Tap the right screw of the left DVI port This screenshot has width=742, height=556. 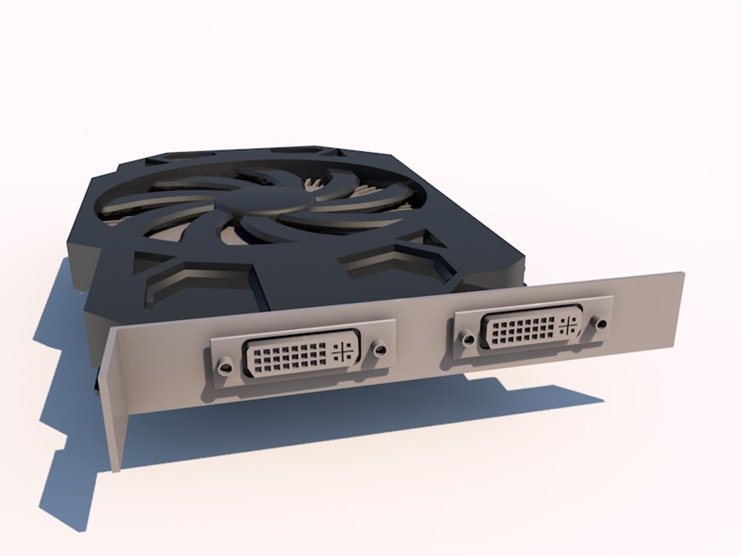click(380, 349)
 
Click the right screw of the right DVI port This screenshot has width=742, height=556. click(601, 324)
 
